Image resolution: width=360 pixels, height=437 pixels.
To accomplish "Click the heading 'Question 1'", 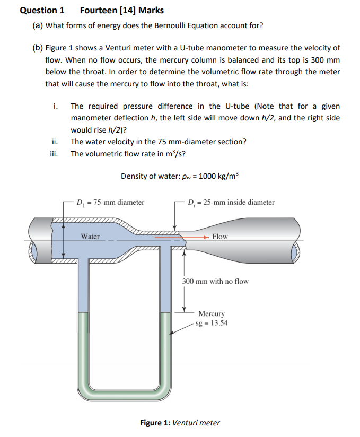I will (x=42, y=10).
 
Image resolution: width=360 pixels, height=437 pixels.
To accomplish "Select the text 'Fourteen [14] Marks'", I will (x=121, y=10).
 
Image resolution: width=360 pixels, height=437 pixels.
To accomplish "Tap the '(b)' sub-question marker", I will (x=38, y=48).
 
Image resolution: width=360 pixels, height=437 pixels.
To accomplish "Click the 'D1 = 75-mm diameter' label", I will (x=110, y=202).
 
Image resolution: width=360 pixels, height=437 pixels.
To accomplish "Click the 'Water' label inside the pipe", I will (x=90, y=237).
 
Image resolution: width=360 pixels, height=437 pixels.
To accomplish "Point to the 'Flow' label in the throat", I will (x=219, y=237).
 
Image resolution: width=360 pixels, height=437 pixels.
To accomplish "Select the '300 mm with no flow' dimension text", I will (x=215, y=281).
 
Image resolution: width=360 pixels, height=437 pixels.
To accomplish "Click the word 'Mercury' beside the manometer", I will (x=212, y=314).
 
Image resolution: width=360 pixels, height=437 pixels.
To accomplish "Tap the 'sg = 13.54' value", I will (x=212, y=323).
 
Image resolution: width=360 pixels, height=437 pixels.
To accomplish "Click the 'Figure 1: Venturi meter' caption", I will (x=180, y=423).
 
